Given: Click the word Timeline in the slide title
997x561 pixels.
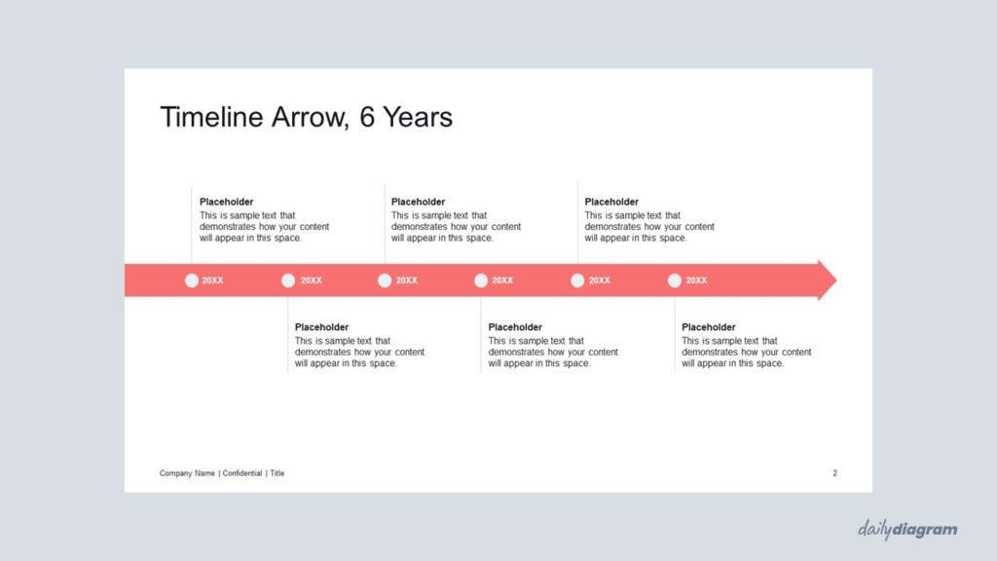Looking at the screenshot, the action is coord(211,117).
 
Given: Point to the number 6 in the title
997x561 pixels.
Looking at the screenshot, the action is coord(367,117).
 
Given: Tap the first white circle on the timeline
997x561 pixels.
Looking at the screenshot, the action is coord(192,280).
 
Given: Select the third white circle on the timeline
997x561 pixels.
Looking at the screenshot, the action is coord(385,280).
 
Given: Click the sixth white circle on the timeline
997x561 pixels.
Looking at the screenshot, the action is coord(675,280).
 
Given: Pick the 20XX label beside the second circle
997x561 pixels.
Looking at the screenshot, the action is coord(311,280).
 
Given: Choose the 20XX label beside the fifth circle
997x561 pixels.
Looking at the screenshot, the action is coord(599,280).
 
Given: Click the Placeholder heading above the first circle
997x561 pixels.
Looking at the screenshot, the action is coord(226,202).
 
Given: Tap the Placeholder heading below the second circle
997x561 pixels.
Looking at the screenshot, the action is coord(321,327).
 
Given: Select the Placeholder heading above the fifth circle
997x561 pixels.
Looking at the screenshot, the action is coord(611,202).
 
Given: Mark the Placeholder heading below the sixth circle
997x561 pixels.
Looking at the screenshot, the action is coord(709,327).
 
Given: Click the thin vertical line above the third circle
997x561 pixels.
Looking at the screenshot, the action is coord(385,224).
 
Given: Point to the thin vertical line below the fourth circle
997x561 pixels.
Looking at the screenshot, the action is coord(481,335).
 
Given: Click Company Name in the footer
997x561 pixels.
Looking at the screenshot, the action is coord(187,473).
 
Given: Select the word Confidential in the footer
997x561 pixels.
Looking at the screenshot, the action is coord(242,473).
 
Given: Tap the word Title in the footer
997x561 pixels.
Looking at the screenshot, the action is coord(277,473).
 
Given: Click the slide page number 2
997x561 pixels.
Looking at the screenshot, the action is coord(834,473).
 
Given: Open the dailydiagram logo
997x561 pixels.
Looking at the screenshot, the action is coord(907,529).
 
